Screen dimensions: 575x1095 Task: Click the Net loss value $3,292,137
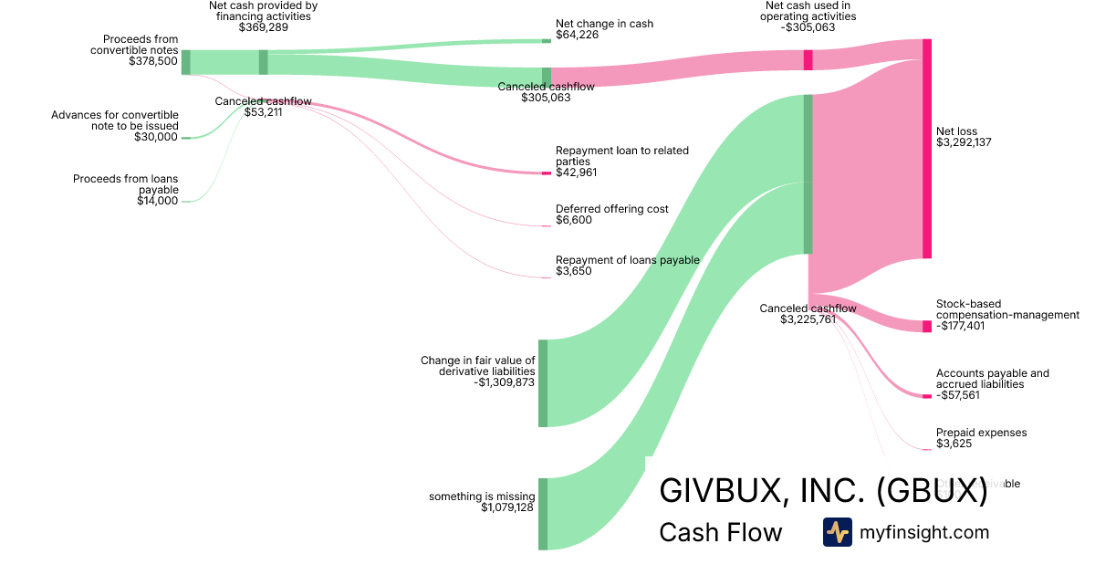[x=964, y=142]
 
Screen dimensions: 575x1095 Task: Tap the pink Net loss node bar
[x=927, y=149]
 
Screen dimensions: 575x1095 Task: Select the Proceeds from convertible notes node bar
[x=186, y=62]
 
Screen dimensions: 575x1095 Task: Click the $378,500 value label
[x=153, y=62]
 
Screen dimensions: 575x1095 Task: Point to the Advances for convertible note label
[x=115, y=120]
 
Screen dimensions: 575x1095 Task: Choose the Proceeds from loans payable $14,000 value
[x=157, y=201]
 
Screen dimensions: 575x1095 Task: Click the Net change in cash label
[x=604, y=24]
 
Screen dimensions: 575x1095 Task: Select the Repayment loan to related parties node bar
[x=547, y=173]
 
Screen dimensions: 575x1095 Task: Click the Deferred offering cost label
[x=612, y=209]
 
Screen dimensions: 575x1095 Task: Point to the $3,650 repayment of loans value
[x=574, y=271]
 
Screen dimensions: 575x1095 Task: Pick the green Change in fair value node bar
[x=543, y=383]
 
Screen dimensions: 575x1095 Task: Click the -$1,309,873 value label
[x=505, y=382]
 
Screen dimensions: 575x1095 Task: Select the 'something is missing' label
[x=482, y=497]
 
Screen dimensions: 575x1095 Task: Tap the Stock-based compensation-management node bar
[x=927, y=326]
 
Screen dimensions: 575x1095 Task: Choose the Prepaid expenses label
[x=981, y=433]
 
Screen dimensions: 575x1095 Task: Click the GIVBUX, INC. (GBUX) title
[x=823, y=490]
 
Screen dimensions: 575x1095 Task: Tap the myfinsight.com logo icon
[x=837, y=532]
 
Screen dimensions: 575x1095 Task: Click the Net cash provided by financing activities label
[x=264, y=11]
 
